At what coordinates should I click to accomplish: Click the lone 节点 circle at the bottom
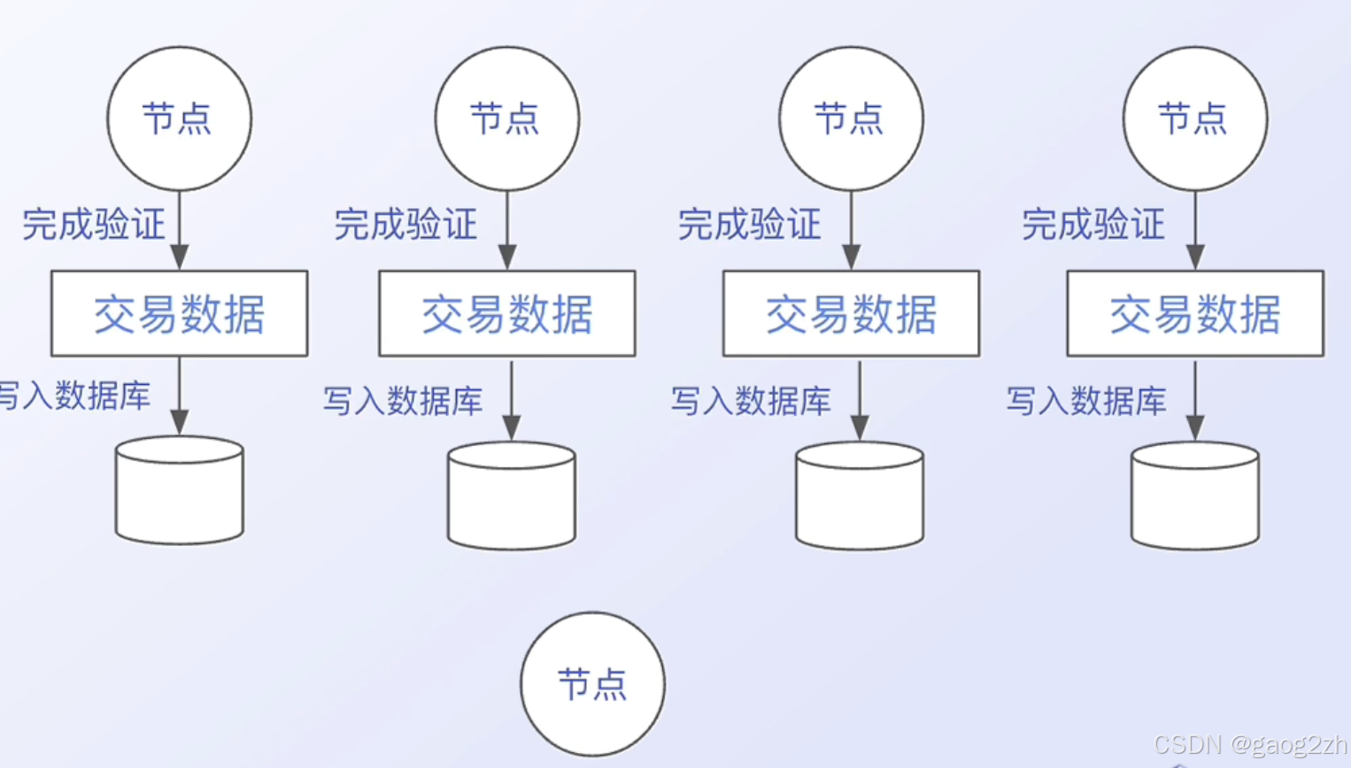592,684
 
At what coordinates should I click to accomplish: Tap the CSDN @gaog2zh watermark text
1250,745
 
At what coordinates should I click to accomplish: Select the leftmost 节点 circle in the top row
179,119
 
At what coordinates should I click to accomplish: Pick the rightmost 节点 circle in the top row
1194,119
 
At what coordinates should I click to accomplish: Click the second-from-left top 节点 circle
506,119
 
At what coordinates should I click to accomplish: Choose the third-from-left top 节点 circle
851,119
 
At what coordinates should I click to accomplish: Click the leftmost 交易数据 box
180,314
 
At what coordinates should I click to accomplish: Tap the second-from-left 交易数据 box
507,314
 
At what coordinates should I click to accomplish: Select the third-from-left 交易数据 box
851,314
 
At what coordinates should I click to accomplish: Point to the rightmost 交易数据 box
1195,314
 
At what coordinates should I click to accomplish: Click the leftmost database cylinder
180,490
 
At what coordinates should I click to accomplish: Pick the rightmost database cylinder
1195,495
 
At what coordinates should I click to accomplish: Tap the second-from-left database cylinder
512,495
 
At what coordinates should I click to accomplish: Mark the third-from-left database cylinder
860,495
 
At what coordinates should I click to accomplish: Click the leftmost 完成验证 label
94,225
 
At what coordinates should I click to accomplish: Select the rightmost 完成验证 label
1093,225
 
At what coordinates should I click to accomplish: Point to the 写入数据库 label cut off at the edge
74,396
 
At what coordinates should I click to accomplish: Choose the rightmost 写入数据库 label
1086,401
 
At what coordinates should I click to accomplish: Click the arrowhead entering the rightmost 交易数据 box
1195,257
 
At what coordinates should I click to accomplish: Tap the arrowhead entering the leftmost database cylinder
180,422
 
